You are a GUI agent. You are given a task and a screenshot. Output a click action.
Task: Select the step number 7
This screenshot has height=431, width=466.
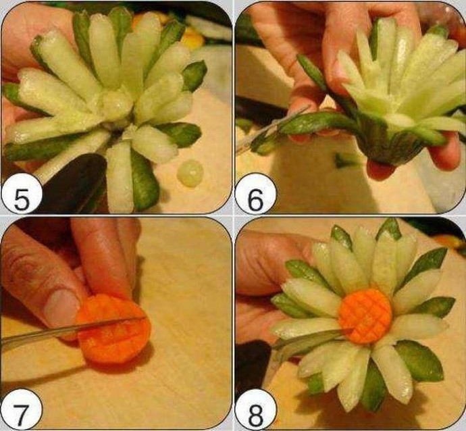(x=21, y=411)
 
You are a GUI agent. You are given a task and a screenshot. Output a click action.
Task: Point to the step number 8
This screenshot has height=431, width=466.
(x=255, y=411)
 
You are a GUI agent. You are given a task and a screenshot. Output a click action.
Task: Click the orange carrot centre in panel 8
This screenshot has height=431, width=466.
(x=365, y=315)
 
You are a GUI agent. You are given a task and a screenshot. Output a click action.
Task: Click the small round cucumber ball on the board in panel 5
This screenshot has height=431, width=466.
(x=190, y=173)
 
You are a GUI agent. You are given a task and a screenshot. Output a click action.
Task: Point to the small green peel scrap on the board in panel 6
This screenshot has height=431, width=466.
(x=344, y=161)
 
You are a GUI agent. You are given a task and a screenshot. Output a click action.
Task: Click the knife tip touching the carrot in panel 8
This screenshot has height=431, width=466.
(x=351, y=329)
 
